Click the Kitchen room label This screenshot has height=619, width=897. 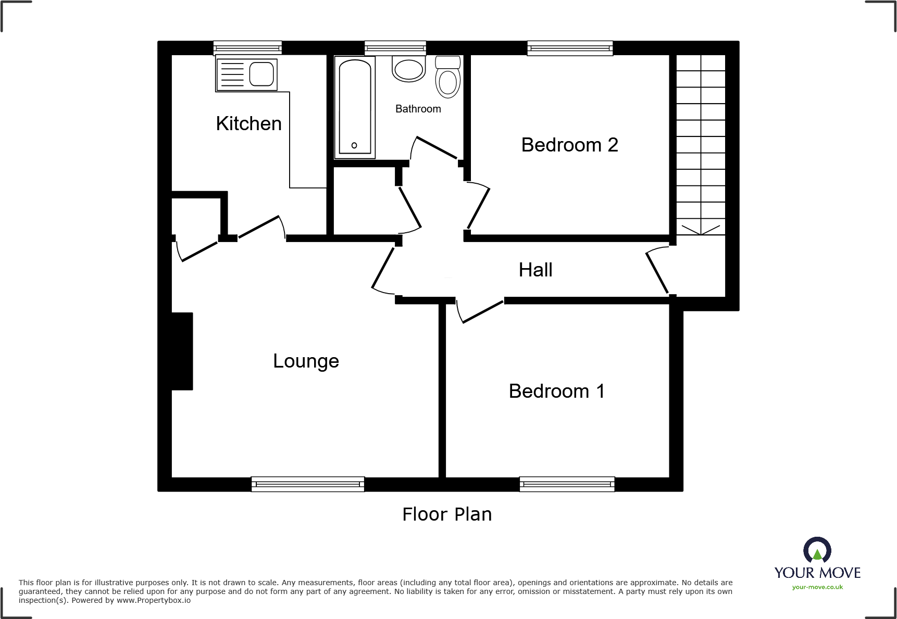click(248, 124)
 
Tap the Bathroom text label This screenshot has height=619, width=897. click(418, 109)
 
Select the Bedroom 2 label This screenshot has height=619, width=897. click(569, 145)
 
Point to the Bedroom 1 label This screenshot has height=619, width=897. click(556, 391)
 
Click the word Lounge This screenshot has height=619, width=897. click(306, 361)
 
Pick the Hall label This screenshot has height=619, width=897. click(535, 270)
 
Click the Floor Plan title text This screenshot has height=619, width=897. click(447, 514)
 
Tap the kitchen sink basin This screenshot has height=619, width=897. click(261, 74)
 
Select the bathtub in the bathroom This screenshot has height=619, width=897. click(355, 107)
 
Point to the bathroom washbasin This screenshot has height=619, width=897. click(409, 70)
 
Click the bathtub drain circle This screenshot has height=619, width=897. click(354, 145)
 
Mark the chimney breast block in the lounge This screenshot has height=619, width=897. click(182, 351)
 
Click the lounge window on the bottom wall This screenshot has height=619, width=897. click(307, 484)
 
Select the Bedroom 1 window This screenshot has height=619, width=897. click(567, 484)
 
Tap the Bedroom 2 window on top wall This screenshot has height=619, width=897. click(570, 48)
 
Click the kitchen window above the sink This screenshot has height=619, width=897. click(247, 48)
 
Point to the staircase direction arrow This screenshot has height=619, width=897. click(701, 230)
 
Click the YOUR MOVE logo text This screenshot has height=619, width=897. click(817, 573)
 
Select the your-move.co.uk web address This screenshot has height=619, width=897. click(817, 587)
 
